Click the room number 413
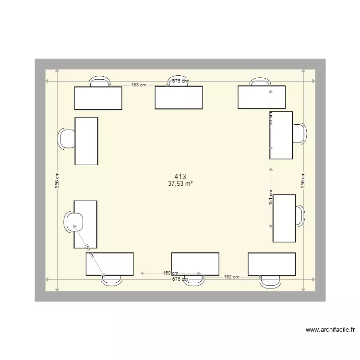[180, 177]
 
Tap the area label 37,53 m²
[180, 183]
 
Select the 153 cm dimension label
[138, 85]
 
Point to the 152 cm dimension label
[231, 277]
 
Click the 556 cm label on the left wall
[57, 180]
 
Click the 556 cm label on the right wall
[303, 180]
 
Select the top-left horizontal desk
[98, 98]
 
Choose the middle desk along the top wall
[179, 97]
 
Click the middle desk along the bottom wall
[195, 264]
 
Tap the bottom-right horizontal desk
[271, 264]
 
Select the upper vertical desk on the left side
[86, 141]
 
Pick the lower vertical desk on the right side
[284, 218]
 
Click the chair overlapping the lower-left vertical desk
[75, 221]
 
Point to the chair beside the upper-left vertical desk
[67, 139]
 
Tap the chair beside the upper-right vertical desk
[299, 134]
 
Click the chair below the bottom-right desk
[270, 282]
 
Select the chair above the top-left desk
[99, 82]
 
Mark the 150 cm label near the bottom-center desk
[170, 273]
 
